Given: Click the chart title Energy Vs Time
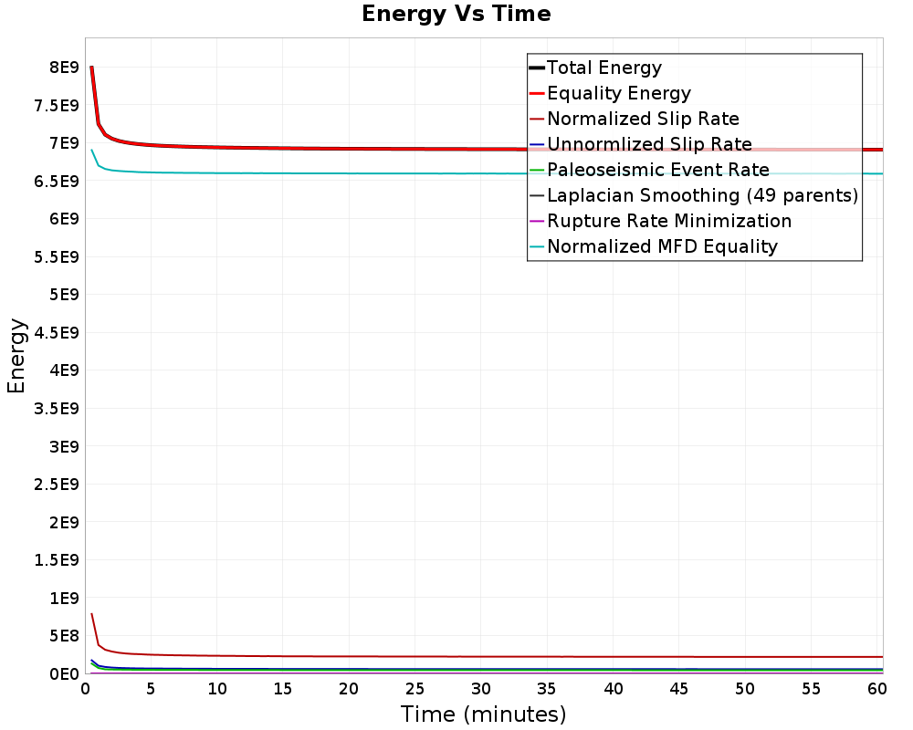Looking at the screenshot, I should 456,15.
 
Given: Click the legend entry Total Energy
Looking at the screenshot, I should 603,68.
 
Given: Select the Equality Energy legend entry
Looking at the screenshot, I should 618,93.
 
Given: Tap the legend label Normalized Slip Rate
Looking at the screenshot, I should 643,119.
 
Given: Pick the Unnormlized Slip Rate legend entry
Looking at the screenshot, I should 649,144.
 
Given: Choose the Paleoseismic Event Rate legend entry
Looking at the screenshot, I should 657,170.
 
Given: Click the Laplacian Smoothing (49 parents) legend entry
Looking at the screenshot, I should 702,195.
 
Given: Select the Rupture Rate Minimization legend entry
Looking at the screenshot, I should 668,221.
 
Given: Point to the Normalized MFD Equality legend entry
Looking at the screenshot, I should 662,246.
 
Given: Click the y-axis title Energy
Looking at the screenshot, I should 16,356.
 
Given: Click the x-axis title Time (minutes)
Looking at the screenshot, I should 483,714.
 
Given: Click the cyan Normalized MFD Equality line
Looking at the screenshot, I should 365,173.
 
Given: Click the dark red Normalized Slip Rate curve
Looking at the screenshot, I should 365,656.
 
